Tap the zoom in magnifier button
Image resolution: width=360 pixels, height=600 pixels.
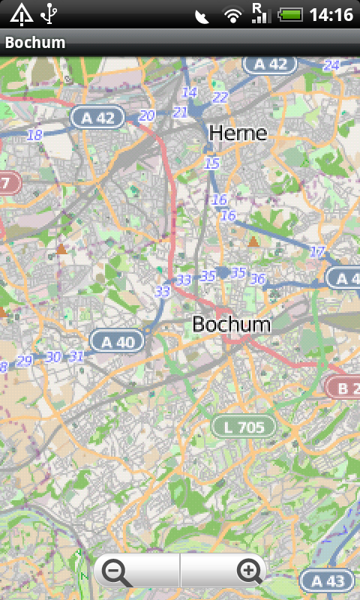point(250,572)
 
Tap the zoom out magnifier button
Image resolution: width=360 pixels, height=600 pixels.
point(118,572)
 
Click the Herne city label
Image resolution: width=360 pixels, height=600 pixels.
point(238,133)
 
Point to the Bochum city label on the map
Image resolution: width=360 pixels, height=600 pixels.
point(231,325)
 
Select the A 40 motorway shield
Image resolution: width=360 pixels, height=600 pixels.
point(116,342)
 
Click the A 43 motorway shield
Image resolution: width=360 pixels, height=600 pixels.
point(326,580)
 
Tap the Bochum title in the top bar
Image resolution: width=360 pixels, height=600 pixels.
point(35,43)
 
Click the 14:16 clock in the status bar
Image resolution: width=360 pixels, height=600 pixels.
point(331,14)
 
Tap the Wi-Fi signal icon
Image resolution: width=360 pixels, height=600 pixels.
point(234,14)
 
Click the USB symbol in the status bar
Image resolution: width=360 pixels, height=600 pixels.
point(49,13)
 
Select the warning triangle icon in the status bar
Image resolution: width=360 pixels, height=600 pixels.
point(20,13)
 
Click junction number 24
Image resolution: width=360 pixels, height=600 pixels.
point(331,66)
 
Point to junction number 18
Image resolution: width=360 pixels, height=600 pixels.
point(34,135)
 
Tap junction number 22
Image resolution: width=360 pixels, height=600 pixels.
point(220,97)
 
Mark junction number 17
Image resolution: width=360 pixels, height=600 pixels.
point(318,252)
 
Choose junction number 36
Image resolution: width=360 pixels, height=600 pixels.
point(258,279)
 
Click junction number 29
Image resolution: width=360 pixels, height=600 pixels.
point(25,361)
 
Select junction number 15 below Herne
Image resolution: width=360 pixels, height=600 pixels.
point(212,163)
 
